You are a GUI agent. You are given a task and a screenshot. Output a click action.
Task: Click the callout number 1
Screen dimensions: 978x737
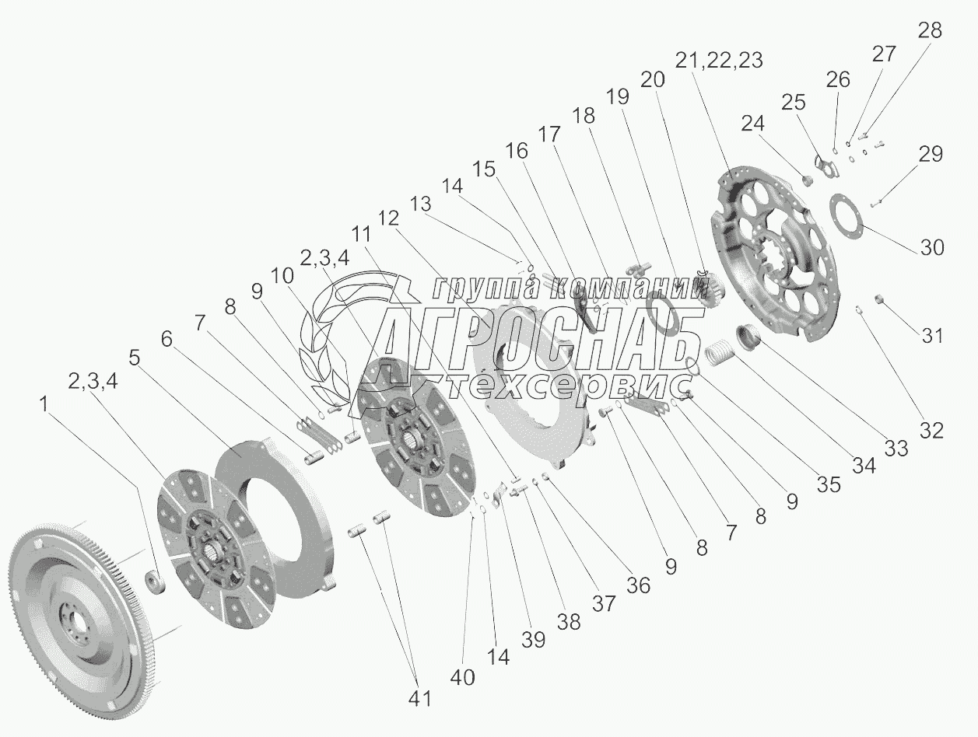(x=44, y=404)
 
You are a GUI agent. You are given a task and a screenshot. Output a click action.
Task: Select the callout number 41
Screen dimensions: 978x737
(x=420, y=699)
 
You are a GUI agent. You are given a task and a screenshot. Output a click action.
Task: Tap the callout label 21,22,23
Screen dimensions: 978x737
(x=719, y=60)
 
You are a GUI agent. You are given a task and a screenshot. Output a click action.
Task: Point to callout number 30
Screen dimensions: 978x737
(x=931, y=247)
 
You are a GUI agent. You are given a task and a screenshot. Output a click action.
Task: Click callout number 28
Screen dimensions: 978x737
(x=930, y=31)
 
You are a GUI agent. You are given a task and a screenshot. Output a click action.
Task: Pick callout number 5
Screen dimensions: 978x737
(x=135, y=358)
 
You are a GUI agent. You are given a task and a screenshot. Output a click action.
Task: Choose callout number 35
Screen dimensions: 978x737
(x=829, y=484)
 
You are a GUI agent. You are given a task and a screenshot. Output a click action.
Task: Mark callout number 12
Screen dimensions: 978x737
(x=388, y=218)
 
